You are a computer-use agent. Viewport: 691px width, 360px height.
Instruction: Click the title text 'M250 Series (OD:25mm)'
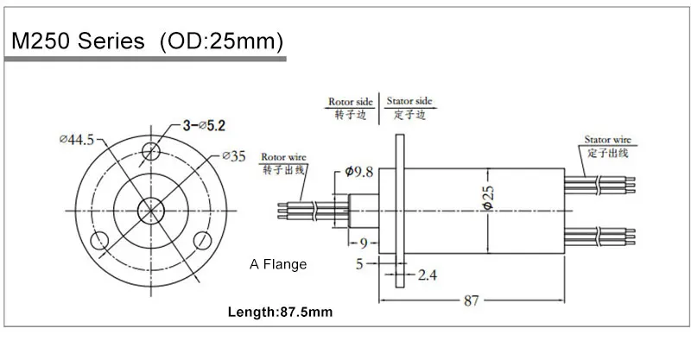tap(145, 41)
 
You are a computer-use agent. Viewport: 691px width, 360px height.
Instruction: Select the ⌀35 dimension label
tap(232, 156)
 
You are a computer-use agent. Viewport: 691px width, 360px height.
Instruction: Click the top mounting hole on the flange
tap(152, 153)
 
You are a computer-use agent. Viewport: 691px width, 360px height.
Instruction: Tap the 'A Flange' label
tap(277, 264)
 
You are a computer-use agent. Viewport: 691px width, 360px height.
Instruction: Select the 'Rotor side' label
tap(351, 101)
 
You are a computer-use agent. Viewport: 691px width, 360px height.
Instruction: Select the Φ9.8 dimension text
tap(358, 172)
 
